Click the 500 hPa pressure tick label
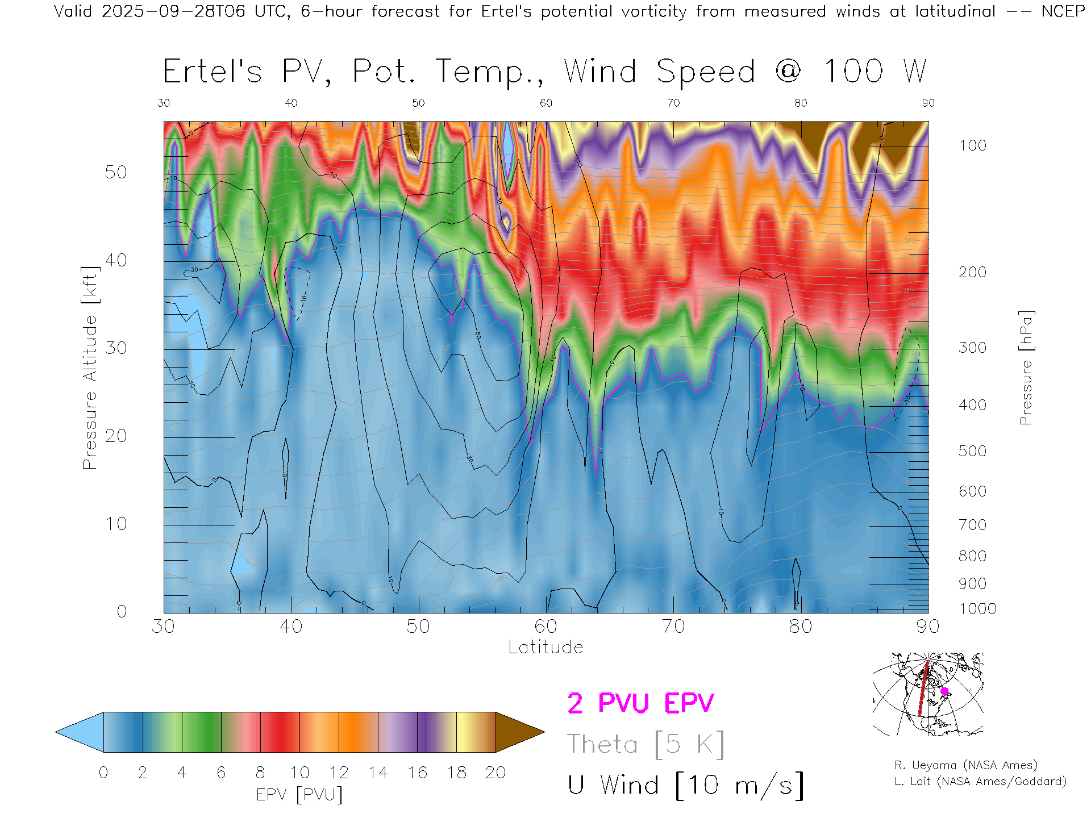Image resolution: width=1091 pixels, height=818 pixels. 973,451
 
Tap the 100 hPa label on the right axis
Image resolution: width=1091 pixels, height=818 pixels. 973,145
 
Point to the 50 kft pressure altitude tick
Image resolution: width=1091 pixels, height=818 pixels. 116,172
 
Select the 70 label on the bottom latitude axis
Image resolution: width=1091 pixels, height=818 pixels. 673,627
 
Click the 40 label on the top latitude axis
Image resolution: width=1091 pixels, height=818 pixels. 291,103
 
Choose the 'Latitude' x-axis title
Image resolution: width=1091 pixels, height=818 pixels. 545,647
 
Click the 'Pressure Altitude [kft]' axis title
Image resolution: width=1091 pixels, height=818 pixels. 90,368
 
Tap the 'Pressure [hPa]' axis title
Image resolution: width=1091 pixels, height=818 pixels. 1026,368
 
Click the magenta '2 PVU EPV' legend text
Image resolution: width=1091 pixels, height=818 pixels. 640,703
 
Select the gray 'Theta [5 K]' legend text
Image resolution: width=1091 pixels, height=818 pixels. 646,744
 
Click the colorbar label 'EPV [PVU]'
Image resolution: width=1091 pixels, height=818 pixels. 299,795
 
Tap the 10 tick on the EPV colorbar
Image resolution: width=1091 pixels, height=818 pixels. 299,773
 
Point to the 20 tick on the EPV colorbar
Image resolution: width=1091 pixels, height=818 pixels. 495,773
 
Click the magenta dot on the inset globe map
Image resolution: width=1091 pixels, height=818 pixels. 944,691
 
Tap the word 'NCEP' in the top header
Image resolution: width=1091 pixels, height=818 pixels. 1063,11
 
